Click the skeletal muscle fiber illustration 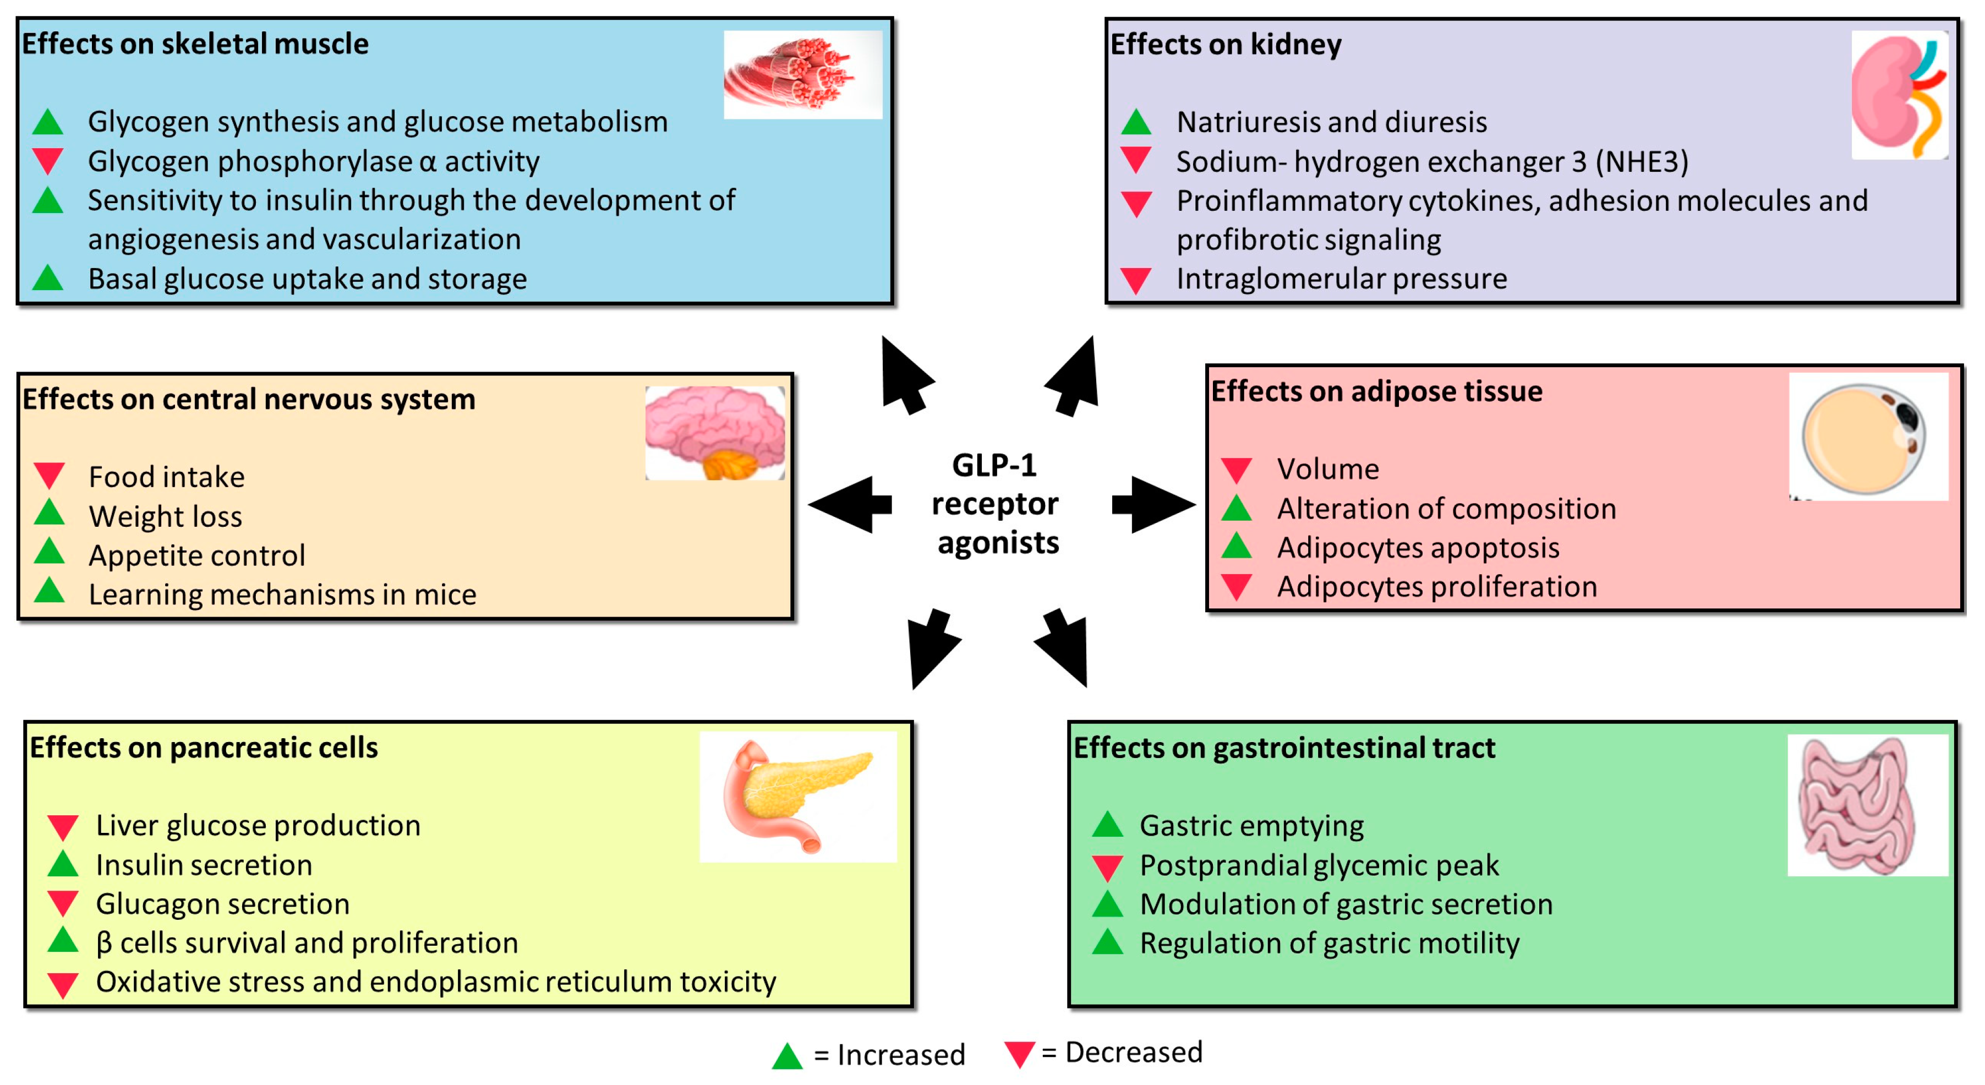point(801,75)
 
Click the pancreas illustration point(797,796)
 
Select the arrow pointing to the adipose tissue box point(1153,505)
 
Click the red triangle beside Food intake point(50,474)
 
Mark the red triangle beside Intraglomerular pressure point(1136,279)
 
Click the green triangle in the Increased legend point(787,1056)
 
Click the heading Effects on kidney point(1225,45)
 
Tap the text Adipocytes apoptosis point(1418,548)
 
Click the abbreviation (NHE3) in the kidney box point(1641,162)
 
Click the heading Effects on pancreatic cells point(204,748)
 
